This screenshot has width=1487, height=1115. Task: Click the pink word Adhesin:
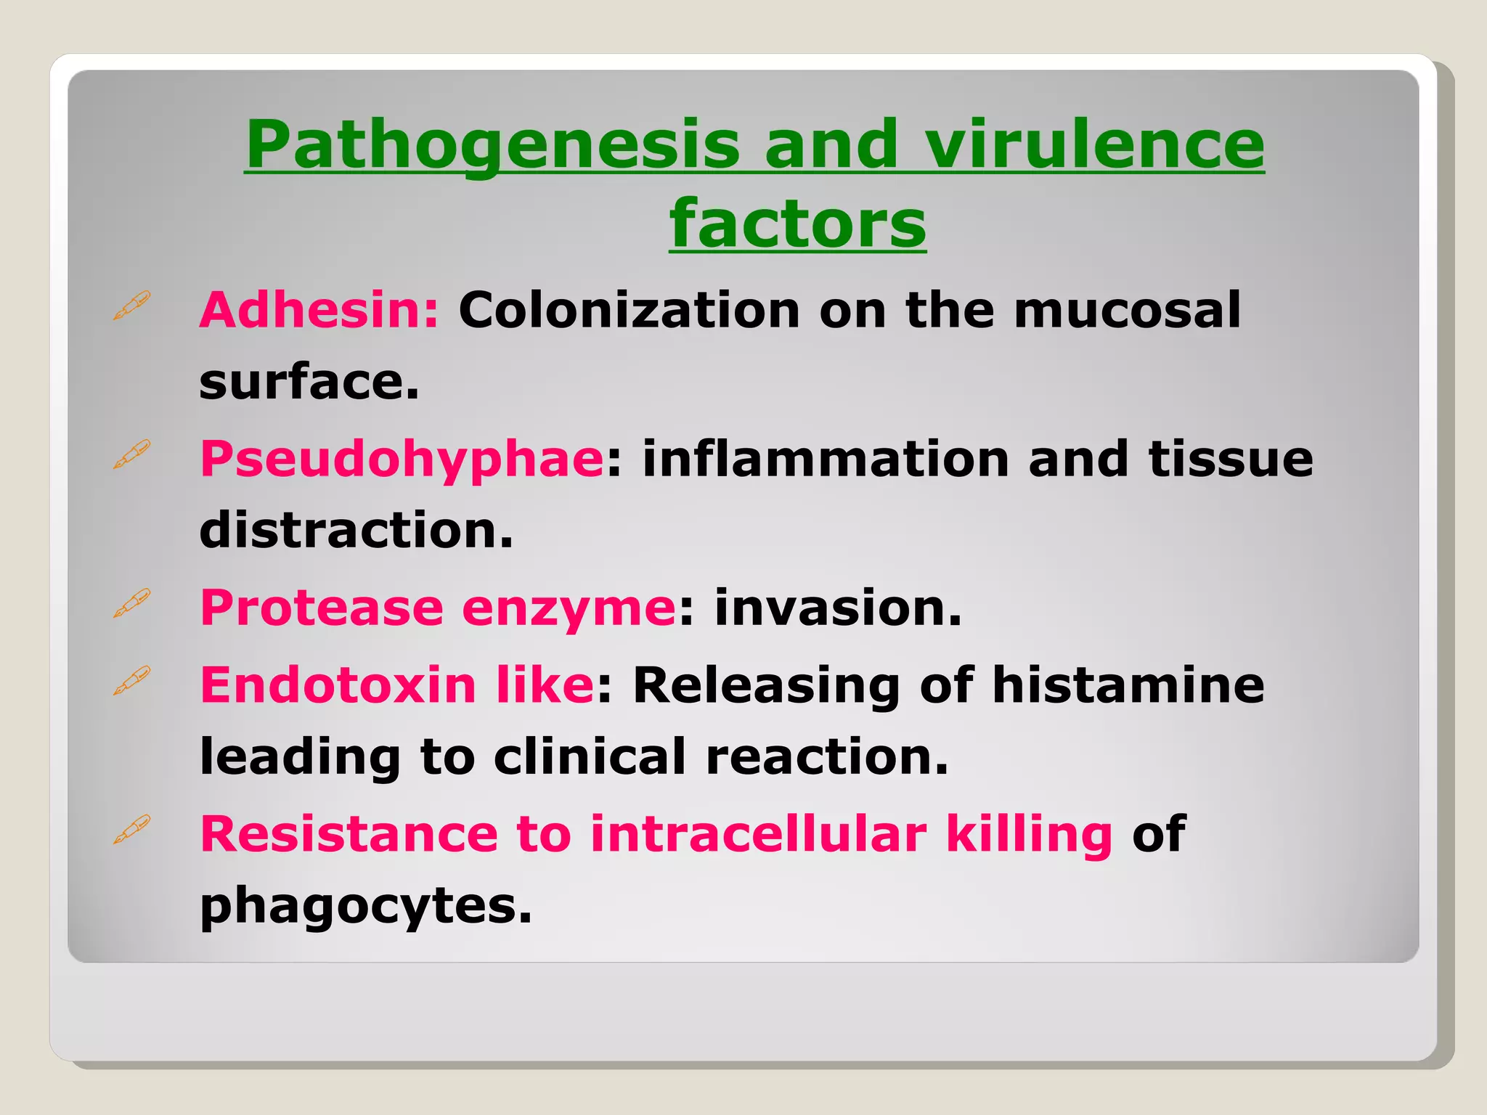(x=319, y=310)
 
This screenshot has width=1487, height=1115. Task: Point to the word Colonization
(x=629, y=310)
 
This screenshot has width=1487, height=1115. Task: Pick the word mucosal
(x=1127, y=310)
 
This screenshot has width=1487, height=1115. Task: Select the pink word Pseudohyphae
(x=402, y=460)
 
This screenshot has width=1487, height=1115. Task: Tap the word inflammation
(x=826, y=460)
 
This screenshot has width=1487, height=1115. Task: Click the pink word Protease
(x=322, y=608)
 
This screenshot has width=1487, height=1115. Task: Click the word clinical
(x=590, y=756)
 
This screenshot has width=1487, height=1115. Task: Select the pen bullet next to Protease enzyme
(x=132, y=603)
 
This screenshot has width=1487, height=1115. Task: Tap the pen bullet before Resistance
(x=132, y=829)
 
